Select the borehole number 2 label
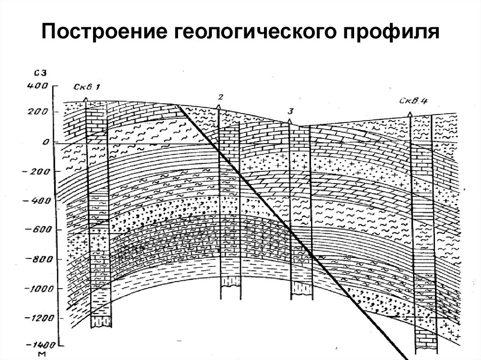click(x=220, y=97)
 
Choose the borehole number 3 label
click(x=291, y=111)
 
